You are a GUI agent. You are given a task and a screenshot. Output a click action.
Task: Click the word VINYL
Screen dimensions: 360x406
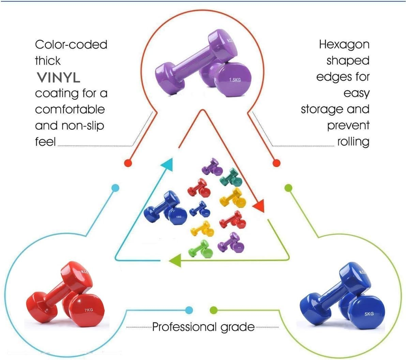58,77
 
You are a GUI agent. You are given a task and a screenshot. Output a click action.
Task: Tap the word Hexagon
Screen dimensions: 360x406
344,45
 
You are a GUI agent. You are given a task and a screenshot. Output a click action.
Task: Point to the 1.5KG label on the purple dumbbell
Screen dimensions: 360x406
235,80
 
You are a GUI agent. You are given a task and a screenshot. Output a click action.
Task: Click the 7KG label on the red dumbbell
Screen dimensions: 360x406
88,310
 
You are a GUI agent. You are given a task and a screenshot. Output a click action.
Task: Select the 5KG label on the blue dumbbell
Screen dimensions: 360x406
369,314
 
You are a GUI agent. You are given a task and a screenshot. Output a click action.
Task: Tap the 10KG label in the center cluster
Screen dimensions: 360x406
179,217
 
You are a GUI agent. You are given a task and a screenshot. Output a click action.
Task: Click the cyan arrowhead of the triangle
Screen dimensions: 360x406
168,165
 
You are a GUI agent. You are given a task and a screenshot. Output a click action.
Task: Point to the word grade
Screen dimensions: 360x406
238,327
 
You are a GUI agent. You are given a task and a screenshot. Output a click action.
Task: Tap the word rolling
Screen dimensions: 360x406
353,141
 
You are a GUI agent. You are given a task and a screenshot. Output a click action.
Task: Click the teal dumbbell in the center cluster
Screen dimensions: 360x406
230,176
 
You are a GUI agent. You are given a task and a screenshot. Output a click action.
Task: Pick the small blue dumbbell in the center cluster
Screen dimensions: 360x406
200,209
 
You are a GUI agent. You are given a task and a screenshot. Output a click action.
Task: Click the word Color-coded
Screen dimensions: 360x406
71,45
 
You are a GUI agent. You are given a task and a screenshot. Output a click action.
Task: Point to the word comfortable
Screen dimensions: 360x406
70,109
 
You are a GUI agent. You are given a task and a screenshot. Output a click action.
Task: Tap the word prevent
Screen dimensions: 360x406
348,125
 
